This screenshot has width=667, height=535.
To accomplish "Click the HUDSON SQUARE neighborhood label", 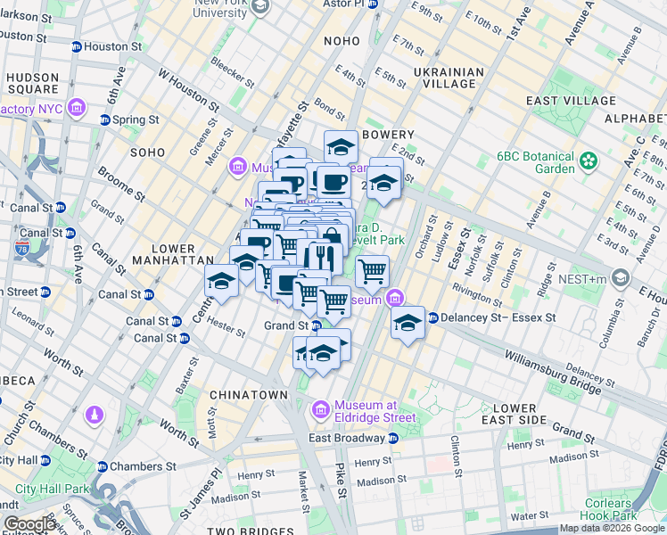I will coord(33,84).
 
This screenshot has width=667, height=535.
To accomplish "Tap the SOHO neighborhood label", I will coord(148,152).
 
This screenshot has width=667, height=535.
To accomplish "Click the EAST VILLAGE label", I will coord(566,102).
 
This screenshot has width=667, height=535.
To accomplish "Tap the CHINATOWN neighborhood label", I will coord(249,394).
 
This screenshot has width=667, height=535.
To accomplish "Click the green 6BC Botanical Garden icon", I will coord(588,161).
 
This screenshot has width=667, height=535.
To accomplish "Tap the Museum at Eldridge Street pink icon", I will coord(320,410).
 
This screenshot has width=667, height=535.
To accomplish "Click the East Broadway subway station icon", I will coord(392,438).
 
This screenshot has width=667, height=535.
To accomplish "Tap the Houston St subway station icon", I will coord(77,46).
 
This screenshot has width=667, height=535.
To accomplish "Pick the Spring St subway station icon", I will coord(105,119).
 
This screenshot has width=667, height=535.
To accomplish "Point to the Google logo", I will coord(29,524).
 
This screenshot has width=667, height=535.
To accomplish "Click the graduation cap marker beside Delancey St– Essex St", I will coord(408,324).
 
